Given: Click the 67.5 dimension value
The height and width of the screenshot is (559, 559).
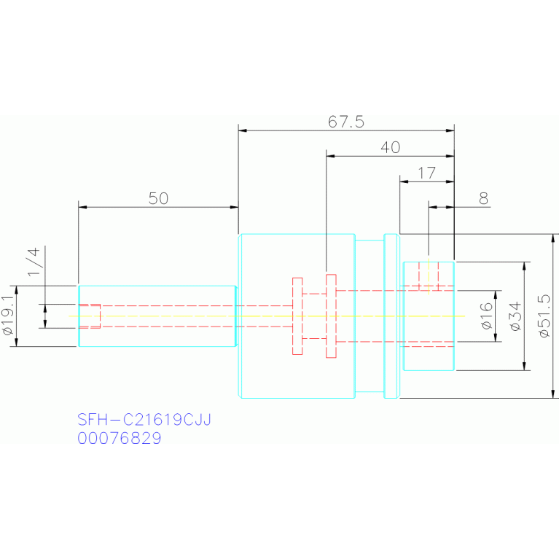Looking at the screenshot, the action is point(345,122).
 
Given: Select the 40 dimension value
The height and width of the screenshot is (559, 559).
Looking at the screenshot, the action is point(391,147).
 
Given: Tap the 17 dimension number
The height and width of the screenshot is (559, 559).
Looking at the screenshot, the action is point(427,173).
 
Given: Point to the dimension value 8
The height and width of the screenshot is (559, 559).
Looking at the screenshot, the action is point(483,198).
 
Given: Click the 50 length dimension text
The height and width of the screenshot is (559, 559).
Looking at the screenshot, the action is point(158,198).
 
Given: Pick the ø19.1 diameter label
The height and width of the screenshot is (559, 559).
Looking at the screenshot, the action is point(8,316).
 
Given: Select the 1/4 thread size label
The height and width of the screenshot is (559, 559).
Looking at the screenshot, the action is point(34,262).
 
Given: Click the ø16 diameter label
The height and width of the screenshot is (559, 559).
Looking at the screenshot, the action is point(486,316).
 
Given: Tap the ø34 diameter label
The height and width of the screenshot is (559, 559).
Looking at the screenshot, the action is point(515,316).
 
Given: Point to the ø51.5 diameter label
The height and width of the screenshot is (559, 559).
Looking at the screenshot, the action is point(544,316).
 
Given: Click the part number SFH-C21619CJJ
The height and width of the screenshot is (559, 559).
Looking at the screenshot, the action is point(144,420).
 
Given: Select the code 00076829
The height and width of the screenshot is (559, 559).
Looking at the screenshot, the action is point(119,438).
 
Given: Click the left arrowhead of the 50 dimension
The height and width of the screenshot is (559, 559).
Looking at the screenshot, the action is point(82,207).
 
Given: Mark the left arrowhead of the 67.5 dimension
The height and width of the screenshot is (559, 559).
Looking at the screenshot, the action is point(243,130).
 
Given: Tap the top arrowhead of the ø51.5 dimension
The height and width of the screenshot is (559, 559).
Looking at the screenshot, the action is point(553,238).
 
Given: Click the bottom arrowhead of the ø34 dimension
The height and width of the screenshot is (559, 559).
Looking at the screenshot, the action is point(524,366).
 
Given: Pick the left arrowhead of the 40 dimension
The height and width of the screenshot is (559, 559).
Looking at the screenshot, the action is point(330,156).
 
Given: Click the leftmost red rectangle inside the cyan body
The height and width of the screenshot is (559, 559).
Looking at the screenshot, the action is point(297,316).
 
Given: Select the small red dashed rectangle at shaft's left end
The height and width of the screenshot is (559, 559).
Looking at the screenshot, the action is point(90,316).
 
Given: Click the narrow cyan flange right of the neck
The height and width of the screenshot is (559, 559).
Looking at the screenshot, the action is point(391,316).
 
